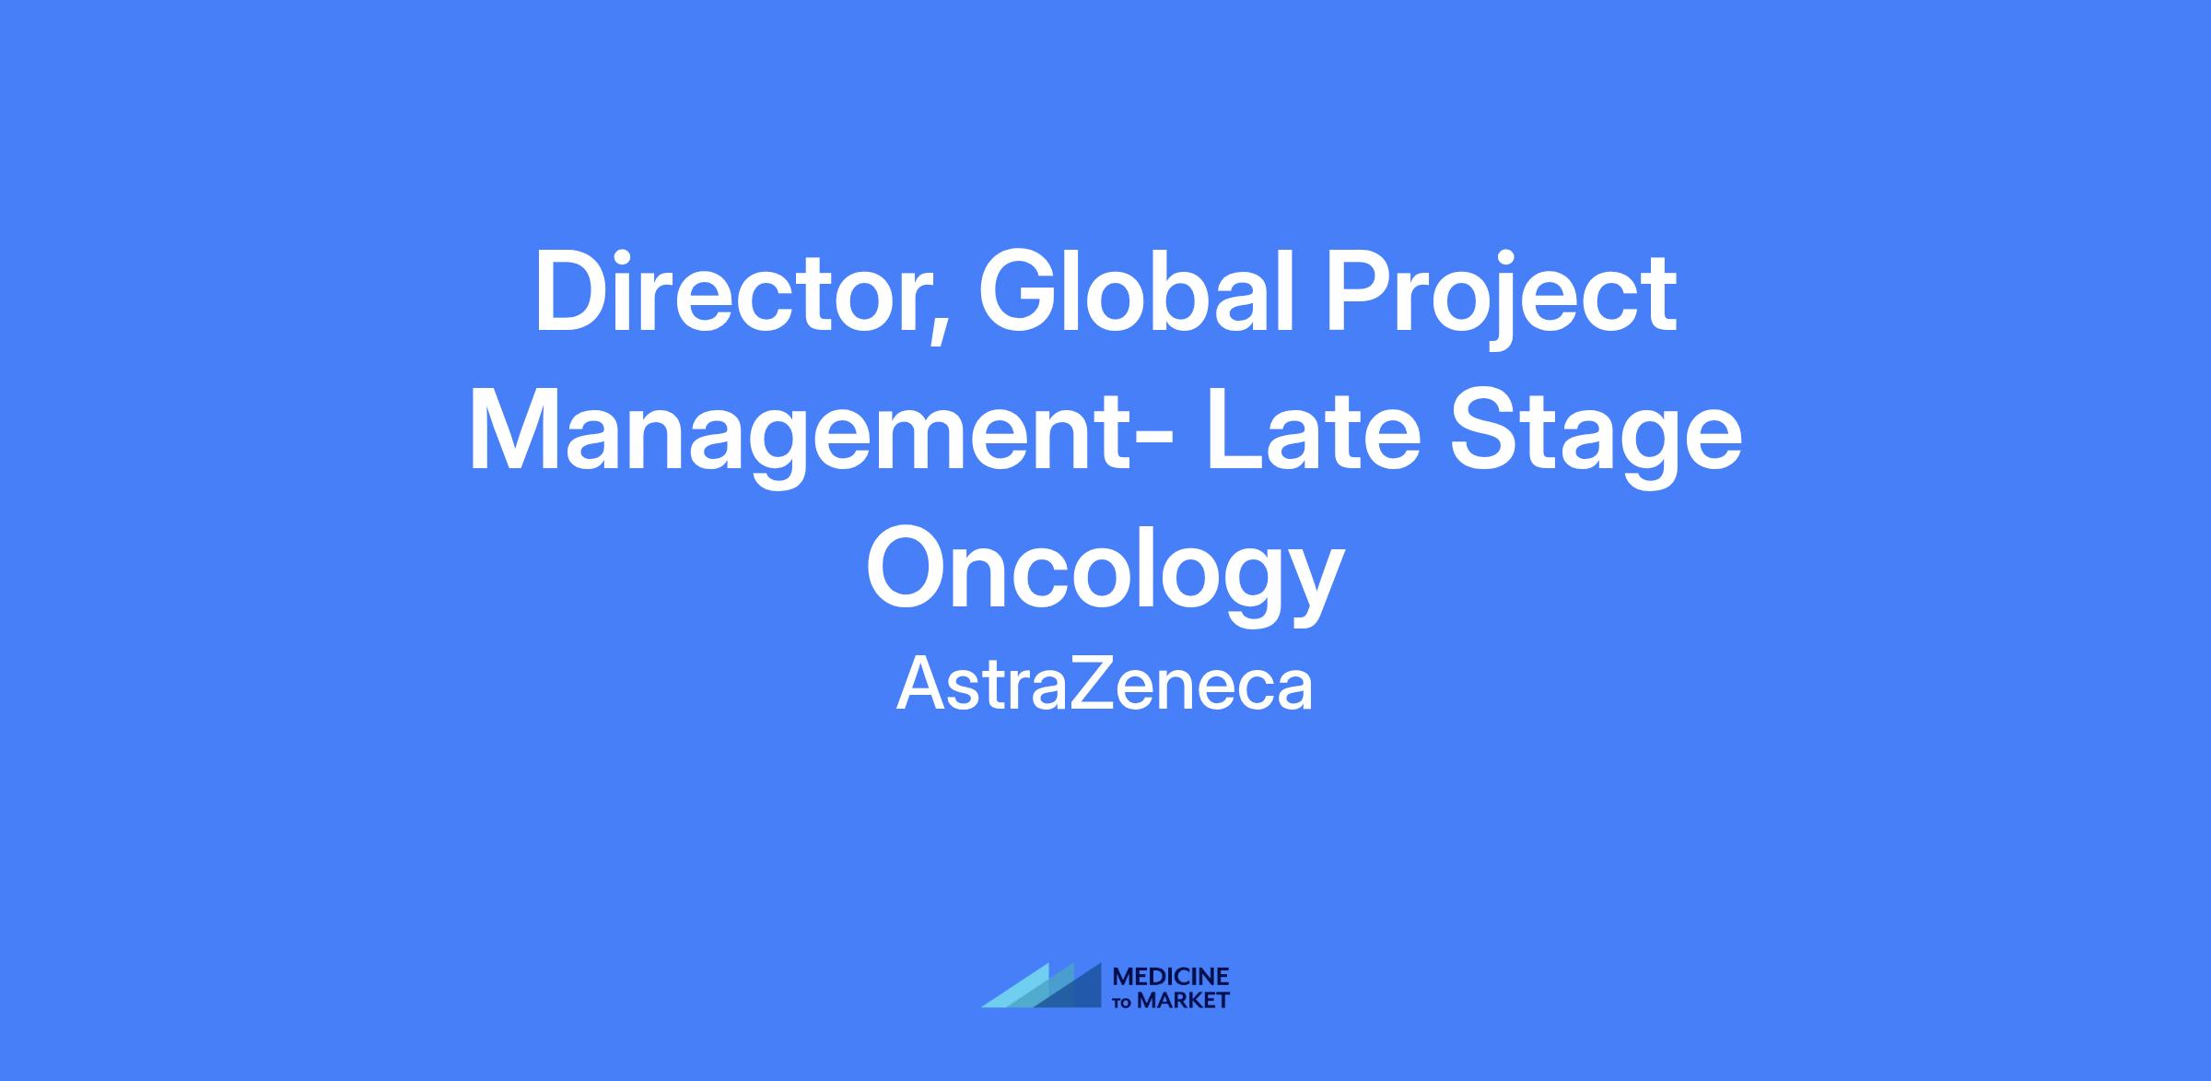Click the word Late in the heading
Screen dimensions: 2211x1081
[x=1313, y=431]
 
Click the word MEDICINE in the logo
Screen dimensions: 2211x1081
[x=1171, y=978]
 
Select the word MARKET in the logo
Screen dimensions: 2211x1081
[x=1184, y=1001]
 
